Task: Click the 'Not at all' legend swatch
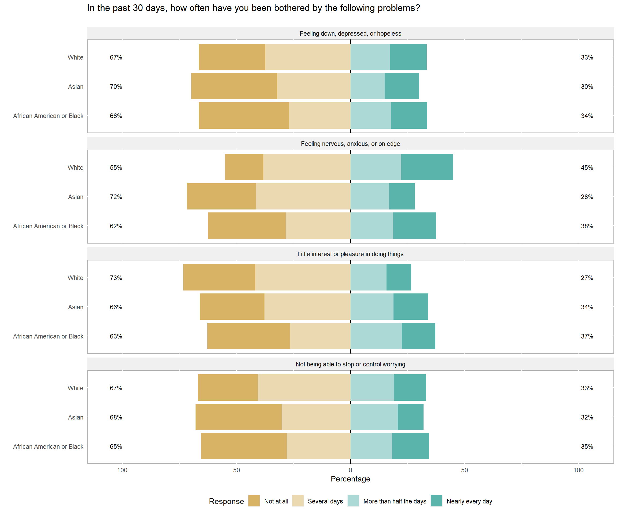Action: [254, 501]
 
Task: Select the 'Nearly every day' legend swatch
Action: [436, 501]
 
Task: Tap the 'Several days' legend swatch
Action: [297, 501]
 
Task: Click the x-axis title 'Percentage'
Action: [350, 479]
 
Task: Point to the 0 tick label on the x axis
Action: [350, 470]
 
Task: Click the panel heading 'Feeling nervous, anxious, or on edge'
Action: [350, 144]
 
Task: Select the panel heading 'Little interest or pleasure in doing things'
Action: [350, 254]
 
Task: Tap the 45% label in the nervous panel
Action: [587, 167]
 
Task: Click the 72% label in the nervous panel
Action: [116, 197]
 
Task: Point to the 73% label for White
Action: [116, 278]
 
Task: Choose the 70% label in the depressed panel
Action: [116, 87]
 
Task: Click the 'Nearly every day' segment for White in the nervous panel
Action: [427, 167]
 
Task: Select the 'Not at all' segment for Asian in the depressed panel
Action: [234, 86]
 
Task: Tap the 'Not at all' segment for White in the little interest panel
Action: [219, 277]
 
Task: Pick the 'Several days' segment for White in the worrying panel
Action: [304, 387]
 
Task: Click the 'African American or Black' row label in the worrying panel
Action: [48, 446]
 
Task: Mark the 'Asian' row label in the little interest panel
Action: [76, 307]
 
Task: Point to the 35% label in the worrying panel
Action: [587, 446]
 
